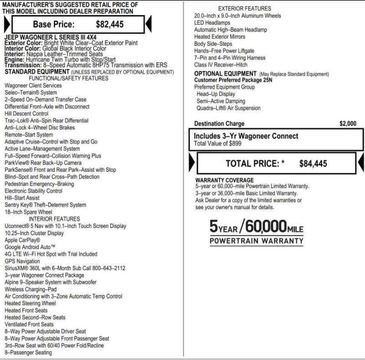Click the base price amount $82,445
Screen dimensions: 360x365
tap(109, 24)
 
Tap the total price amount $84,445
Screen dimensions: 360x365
tap(313, 164)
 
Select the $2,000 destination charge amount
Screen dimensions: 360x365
tap(348, 123)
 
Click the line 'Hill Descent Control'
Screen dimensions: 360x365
tap(26, 114)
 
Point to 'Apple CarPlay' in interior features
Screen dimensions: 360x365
tap(22, 240)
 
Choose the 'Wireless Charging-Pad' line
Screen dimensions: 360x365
tap(31, 289)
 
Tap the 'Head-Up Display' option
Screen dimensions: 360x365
tap(216, 94)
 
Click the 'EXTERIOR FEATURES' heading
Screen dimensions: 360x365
tap(245, 8)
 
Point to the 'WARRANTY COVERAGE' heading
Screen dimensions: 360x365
tap(224, 180)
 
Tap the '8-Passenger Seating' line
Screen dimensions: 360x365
tap(28, 353)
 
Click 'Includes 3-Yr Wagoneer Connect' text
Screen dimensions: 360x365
tap(246, 136)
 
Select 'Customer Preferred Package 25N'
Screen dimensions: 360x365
tap(234, 80)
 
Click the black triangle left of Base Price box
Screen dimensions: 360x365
tap(6, 24)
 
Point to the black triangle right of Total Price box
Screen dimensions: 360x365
tap(360, 163)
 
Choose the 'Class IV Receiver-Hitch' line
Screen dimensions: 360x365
tap(221, 65)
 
